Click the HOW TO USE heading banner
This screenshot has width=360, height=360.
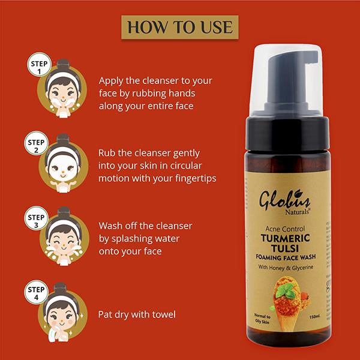180,28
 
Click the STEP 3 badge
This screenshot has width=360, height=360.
37,220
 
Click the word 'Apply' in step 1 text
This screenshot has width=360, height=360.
112,80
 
